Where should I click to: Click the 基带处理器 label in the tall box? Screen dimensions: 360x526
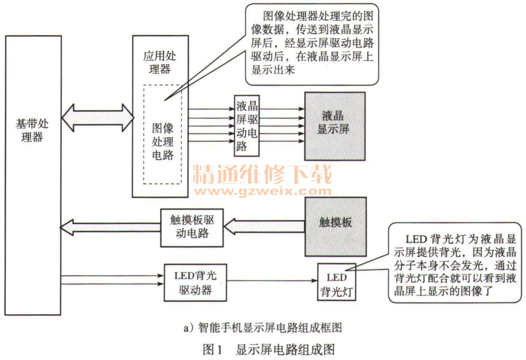coord(32,130)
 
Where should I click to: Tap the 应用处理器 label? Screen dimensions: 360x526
coord(160,62)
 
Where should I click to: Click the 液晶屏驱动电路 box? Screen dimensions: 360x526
coord(246,126)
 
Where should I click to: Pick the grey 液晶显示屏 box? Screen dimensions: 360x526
coord(335,126)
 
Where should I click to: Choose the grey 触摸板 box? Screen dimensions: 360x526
coord(335,226)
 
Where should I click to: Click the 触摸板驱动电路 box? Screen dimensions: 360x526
coord(192,227)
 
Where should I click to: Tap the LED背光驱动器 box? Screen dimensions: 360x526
coord(195,282)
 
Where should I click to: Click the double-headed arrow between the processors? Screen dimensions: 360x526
coord(98,118)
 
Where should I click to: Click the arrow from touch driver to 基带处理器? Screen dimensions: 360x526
coord(110,227)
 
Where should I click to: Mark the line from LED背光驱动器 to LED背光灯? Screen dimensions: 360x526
coord(272,280)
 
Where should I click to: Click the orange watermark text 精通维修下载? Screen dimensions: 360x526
coord(263,175)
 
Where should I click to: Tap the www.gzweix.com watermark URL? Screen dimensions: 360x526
coord(263,191)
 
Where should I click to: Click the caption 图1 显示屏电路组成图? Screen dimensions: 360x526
coord(268,349)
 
